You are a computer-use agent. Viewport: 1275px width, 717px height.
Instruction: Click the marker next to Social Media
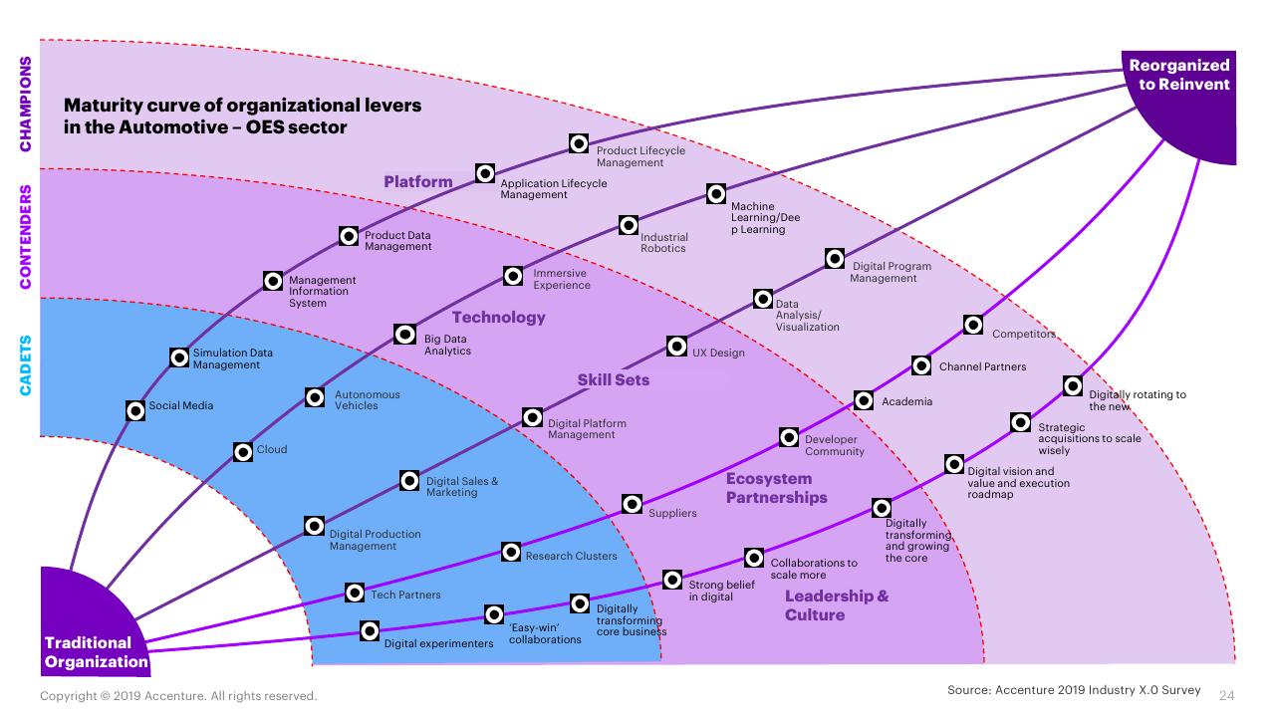coord(135,410)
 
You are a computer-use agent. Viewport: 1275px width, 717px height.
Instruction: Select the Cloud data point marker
coord(243,452)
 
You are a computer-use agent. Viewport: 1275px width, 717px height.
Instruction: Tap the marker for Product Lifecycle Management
coord(579,143)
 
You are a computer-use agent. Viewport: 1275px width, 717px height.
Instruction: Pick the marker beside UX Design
coord(676,346)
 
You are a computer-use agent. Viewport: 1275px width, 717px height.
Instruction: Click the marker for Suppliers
coord(633,504)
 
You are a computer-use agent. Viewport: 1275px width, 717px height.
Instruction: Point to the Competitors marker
coord(973,325)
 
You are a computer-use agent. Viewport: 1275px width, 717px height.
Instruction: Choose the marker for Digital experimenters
coord(370,630)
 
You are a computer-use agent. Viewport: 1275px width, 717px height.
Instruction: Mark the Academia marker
coord(864,400)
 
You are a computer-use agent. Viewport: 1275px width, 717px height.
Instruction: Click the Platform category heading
coord(417,181)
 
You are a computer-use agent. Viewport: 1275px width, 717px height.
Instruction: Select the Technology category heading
coord(499,317)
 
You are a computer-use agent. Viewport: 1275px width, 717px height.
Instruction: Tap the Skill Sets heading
coord(613,379)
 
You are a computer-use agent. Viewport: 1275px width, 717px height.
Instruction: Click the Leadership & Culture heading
coord(836,604)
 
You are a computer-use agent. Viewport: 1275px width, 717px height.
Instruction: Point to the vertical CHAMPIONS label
coord(26,105)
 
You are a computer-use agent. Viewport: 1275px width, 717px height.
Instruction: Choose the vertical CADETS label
coord(26,365)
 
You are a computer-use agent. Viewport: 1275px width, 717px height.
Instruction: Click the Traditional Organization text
coord(96,652)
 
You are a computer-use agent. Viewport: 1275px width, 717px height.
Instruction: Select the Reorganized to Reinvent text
coord(1179,75)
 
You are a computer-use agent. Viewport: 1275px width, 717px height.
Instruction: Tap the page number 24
coord(1226,695)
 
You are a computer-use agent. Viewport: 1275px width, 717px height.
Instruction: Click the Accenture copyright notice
coord(178,696)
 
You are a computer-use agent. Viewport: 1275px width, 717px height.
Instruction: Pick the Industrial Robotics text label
coord(663,242)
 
